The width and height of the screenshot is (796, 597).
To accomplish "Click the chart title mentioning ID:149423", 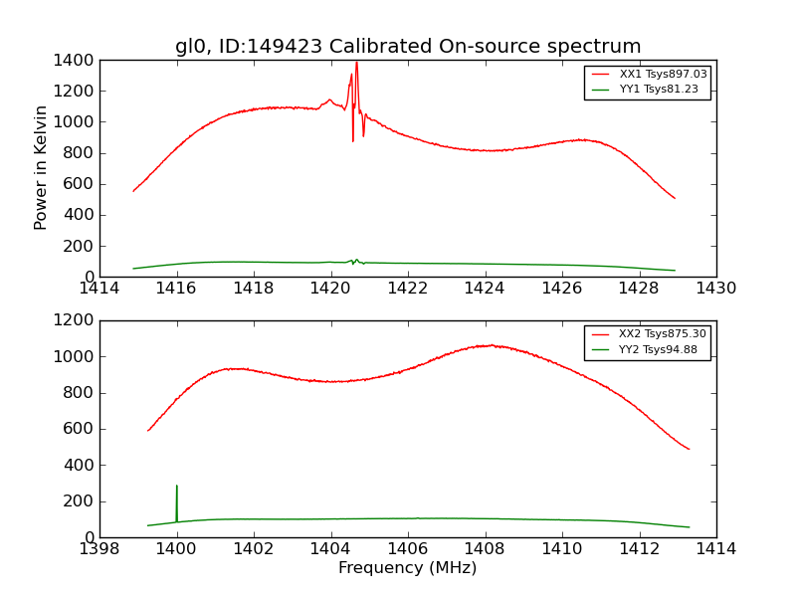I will [408, 47].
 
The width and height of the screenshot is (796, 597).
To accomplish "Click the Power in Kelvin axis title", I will [41, 167].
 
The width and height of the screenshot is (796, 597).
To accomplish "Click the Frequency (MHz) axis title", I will [408, 568].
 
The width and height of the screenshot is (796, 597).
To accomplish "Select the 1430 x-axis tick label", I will [716, 289].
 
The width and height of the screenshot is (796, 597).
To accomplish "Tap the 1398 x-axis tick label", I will [99, 549].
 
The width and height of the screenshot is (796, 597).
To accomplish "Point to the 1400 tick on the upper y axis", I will [76, 60].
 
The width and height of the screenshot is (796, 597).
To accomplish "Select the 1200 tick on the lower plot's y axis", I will [76, 320].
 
